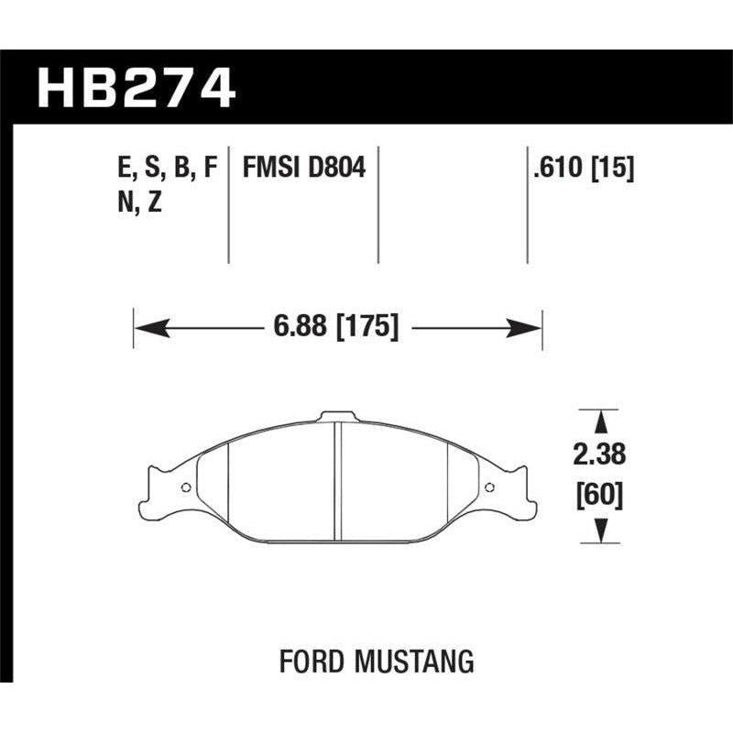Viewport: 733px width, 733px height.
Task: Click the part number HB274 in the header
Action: (x=137, y=89)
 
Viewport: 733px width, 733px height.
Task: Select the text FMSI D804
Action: (x=304, y=168)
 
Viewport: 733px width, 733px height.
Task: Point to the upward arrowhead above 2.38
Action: (x=601, y=421)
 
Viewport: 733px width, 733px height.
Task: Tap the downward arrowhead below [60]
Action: (x=601, y=530)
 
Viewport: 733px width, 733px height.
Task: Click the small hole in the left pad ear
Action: (x=187, y=487)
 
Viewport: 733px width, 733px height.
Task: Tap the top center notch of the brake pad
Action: (x=336, y=418)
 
